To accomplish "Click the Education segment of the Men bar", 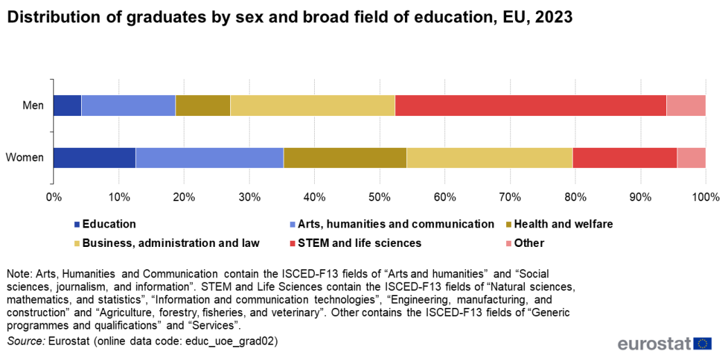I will [x=67, y=105].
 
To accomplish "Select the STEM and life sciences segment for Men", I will [x=530, y=105].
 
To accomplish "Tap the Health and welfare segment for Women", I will [x=345, y=157].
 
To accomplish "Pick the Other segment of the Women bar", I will [x=691, y=157].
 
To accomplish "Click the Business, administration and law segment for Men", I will [x=312, y=105].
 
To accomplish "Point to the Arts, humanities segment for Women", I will [x=209, y=157].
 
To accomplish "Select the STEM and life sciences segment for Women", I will [x=625, y=157].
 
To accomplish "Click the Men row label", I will [x=33, y=106].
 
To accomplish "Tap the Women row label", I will [x=25, y=158].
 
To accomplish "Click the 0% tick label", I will [x=53, y=197].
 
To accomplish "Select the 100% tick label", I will [x=705, y=197].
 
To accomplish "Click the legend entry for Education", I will [x=109, y=224].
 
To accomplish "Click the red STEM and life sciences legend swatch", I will [x=293, y=243].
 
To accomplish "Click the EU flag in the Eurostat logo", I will [x=702, y=343].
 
